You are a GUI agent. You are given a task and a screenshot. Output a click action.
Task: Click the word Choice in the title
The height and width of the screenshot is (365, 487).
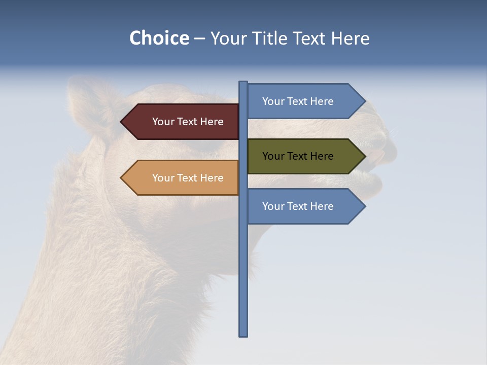(x=159, y=38)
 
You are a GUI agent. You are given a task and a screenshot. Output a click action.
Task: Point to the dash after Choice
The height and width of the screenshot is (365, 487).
(x=199, y=39)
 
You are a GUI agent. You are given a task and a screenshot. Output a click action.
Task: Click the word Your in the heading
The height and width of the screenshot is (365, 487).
(x=229, y=38)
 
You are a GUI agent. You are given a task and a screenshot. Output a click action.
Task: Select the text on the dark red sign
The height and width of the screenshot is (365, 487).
(x=188, y=122)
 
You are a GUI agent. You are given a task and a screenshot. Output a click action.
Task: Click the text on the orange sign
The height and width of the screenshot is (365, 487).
(x=188, y=178)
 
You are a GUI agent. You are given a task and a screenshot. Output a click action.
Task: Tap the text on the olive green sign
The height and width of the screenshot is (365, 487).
(x=298, y=156)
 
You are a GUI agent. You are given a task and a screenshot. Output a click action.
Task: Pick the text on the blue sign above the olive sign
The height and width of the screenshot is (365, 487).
(x=298, y=101)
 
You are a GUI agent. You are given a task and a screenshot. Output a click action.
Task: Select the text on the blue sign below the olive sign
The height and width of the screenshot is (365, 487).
(x=298, y=206)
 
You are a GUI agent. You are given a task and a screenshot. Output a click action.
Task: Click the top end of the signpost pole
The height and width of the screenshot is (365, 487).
(x=243, y=83)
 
